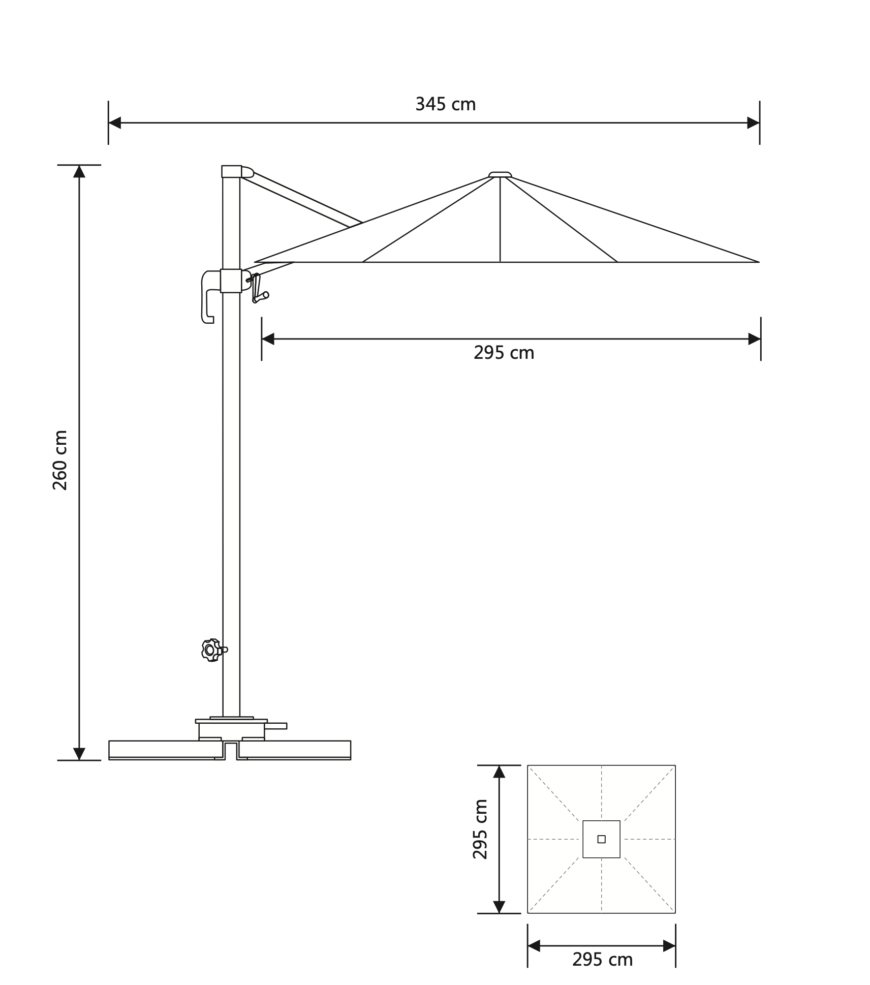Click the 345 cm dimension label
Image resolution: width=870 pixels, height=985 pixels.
tap(445, 104)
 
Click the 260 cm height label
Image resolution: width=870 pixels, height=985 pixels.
tap(60, 460)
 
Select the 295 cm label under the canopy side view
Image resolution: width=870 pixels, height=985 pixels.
tap(504, 353)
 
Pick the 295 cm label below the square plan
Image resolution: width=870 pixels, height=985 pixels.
tap(602, 960)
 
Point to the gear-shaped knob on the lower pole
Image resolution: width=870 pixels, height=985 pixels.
tap(211, 650)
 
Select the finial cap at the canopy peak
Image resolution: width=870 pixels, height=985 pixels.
tap(500, 175)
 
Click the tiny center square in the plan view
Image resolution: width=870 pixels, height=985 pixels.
tap(601, 839)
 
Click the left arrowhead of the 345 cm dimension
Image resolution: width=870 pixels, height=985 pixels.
tap(115, 122)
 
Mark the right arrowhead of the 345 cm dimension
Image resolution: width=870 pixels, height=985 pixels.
tap(753, 122)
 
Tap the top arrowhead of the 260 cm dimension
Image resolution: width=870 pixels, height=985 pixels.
tap(79, 171)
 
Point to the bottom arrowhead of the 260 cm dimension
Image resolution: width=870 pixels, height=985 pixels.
tap(79, 754)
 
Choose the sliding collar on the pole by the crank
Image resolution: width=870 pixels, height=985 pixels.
tap(231, 281)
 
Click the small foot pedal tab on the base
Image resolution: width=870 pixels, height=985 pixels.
tap(276, 726)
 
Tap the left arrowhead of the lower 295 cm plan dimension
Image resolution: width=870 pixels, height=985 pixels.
tap(534, 946)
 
